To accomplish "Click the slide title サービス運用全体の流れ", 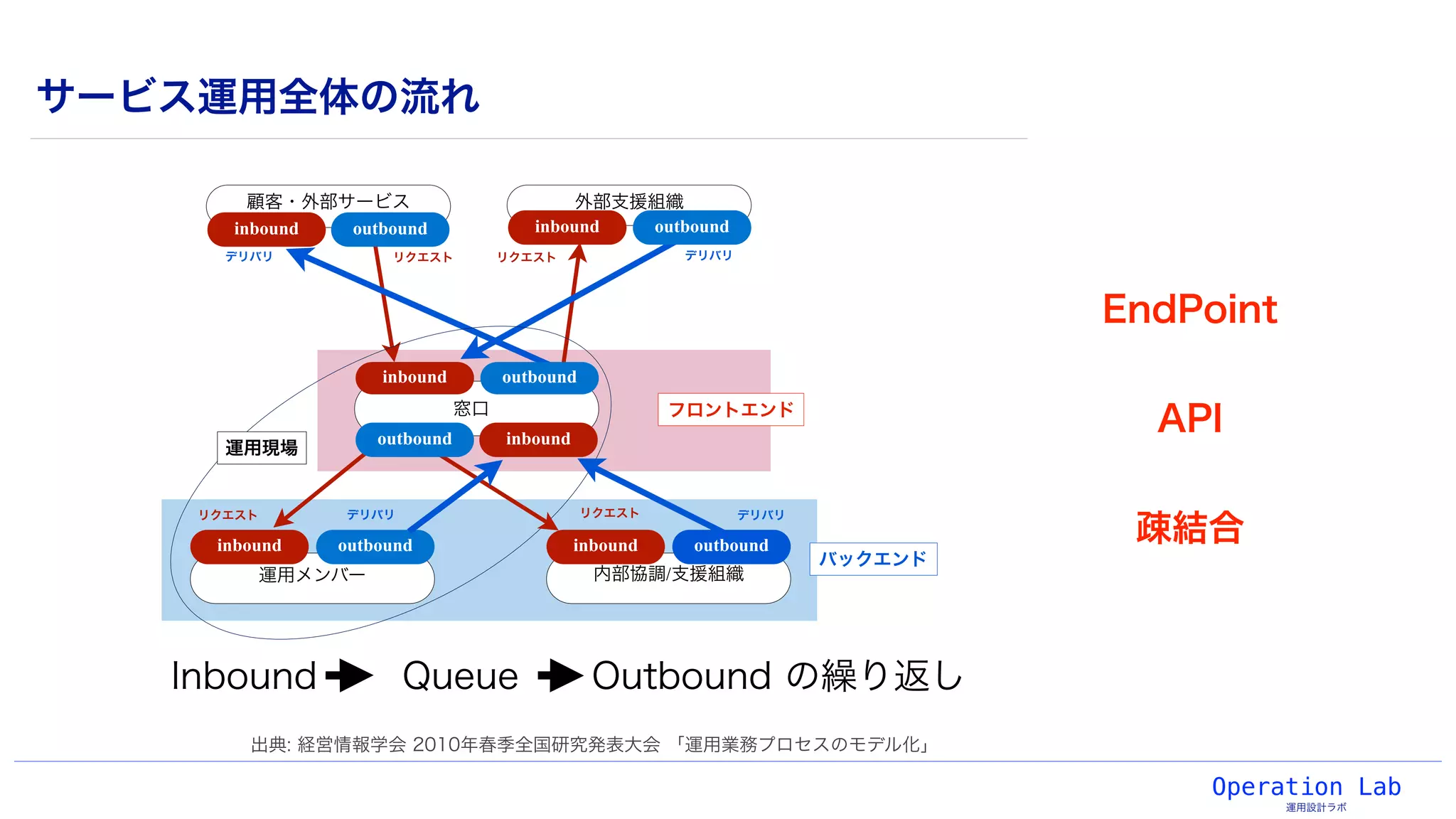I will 258,97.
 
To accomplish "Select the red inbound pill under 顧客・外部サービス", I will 266,229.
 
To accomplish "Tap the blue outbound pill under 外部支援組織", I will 691,227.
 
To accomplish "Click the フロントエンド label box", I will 730,409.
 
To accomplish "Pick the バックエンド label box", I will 872,559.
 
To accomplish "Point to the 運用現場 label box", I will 261,448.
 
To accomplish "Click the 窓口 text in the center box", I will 471,408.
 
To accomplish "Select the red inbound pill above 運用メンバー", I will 249,545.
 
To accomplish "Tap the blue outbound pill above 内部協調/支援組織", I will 731,545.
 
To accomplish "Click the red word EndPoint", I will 1189,310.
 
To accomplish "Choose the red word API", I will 1189,418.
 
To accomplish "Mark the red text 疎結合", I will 1189,528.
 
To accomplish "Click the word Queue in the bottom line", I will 460,675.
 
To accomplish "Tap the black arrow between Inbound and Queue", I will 349,675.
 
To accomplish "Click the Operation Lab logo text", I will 1306,787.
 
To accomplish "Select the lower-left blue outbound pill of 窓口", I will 414,439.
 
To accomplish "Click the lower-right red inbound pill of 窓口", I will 537,439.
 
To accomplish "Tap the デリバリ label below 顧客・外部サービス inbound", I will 249,256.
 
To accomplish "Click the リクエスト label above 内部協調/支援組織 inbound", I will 609,513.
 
